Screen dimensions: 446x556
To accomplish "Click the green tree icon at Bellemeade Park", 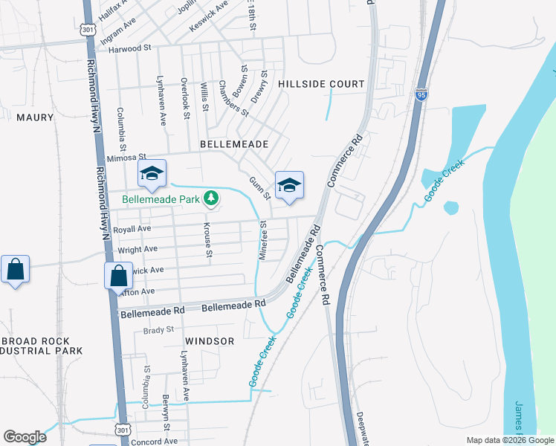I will point(212,198).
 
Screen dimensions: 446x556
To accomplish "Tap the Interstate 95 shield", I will point(421,95).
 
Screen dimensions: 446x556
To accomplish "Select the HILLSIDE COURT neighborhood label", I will point(322,85).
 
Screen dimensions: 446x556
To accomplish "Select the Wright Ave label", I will point(138,249).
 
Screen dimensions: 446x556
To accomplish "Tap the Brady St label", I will point(158,329).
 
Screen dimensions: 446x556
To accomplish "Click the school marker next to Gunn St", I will point(289,186).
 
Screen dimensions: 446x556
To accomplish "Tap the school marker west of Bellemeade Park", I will point(152,175).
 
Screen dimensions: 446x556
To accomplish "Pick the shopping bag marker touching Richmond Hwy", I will point(119,277).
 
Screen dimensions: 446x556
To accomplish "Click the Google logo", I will point(25,437).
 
